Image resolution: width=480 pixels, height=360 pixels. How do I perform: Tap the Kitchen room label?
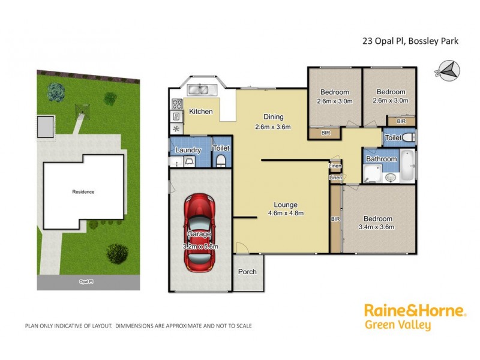[200, 112]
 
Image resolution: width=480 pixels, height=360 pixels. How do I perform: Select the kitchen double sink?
[198, 91]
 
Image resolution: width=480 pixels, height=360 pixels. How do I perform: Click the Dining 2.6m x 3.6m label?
[273, 122]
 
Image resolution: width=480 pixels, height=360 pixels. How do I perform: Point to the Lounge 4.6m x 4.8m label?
[285, 209]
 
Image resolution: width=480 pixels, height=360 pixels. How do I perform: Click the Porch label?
[247, 272]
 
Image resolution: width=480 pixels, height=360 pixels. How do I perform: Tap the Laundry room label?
[187, 150]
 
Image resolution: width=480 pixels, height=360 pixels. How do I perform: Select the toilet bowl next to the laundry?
[220, 160]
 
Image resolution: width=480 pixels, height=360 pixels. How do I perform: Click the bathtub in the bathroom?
[407, 166]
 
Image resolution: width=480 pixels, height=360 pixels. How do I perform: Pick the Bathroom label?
[382, 159]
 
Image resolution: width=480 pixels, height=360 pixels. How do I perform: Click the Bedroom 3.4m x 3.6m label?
[377, 223]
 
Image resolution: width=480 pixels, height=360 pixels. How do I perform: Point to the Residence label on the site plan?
[83, 192]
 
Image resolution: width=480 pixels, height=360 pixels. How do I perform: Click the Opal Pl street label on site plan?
[87, 281]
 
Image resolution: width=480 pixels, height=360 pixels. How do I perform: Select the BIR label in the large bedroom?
[335, 220]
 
